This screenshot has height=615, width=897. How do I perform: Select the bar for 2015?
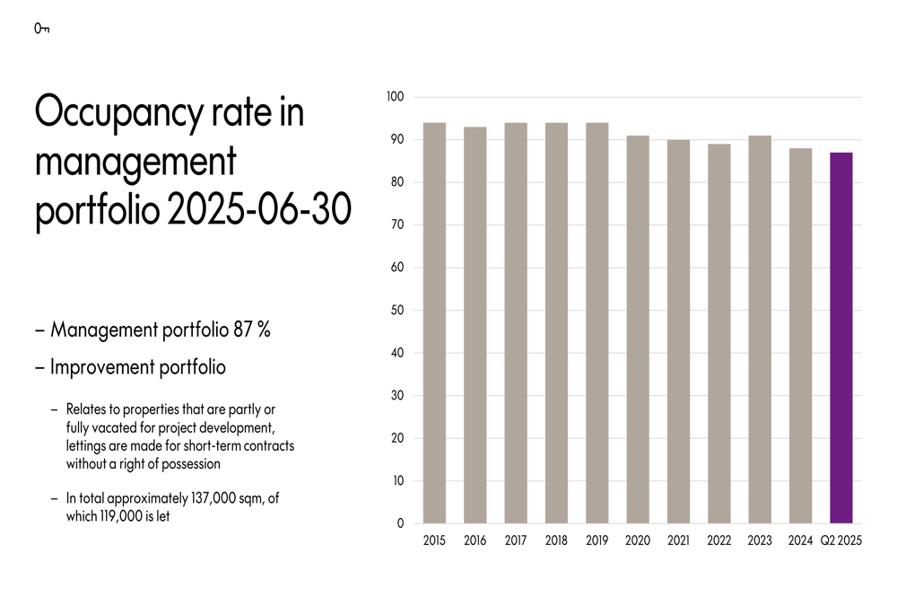[x=434, y=323]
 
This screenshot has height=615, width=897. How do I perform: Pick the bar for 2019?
[x=597, y=323]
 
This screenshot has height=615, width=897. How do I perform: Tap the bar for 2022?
[x=718, y=334]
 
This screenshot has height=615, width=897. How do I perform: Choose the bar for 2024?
[x=800, y=336]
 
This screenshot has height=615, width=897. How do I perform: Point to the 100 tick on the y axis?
[x=396, y=97]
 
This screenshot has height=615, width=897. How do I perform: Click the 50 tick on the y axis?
[x=398, y=311]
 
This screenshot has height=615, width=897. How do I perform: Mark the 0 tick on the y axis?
[x=401, y=523]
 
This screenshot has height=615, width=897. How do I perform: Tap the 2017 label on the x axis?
[x=516, y=541]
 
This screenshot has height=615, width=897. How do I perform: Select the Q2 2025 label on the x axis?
[x=841, y=541]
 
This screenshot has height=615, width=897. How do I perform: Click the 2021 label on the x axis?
[x=678, y=541]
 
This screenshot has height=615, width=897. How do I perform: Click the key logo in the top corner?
[x=41, y=29]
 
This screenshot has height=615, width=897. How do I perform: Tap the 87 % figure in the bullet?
[x=251, y=330]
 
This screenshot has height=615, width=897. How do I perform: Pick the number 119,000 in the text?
[x=123, y=517]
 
